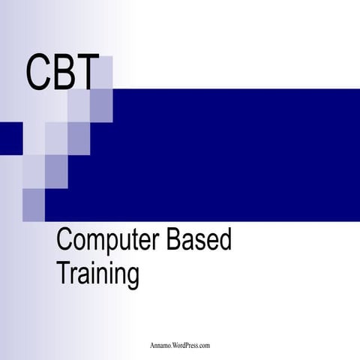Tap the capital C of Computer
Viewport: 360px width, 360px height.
[64, 241]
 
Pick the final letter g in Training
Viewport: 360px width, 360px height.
[133, 275]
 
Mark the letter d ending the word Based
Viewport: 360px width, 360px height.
[225, 241]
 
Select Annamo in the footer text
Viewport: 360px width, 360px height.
[160, 345]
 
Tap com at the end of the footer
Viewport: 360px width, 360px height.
[205, 345]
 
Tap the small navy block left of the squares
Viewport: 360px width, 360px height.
[10, 137]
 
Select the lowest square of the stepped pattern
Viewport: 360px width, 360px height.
[34, 204]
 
